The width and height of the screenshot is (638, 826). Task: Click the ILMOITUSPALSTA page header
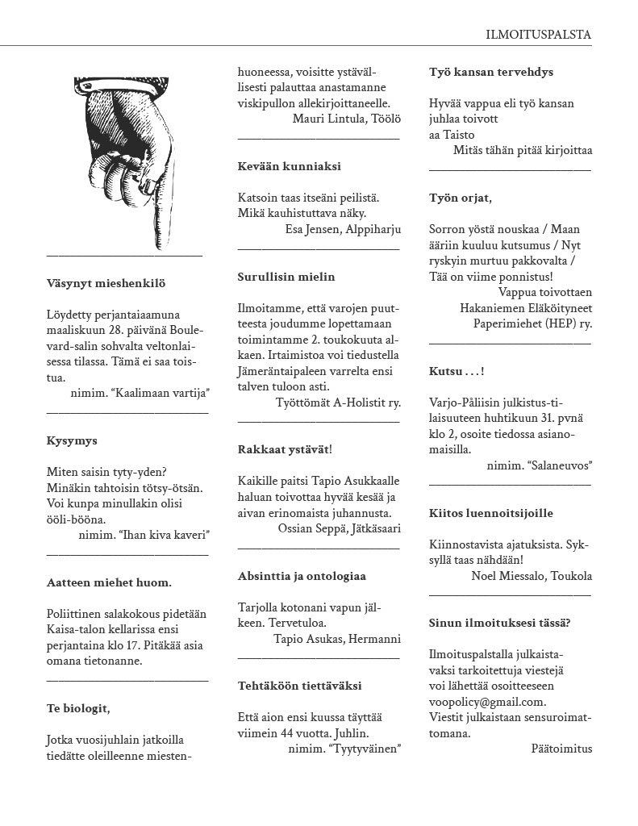click(538, 35)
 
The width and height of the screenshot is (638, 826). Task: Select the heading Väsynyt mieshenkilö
click(106, 283)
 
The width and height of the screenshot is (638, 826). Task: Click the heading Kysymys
click(72, 441)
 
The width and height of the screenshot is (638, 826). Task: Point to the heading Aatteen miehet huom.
click(109, 582)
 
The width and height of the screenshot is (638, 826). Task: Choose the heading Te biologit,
click(78, 708)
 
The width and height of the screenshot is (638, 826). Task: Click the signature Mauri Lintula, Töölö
click(346, 120)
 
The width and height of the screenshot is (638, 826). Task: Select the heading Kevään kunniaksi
click(289, 166)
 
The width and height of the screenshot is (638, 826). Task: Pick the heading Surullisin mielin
click(286, 277)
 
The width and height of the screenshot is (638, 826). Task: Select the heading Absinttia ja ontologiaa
click(302, 576)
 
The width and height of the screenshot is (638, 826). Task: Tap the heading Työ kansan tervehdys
click(491, 72)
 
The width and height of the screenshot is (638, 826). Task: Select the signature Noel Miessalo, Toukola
click(532, 576)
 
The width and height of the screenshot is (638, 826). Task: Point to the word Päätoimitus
click(561, 749)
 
